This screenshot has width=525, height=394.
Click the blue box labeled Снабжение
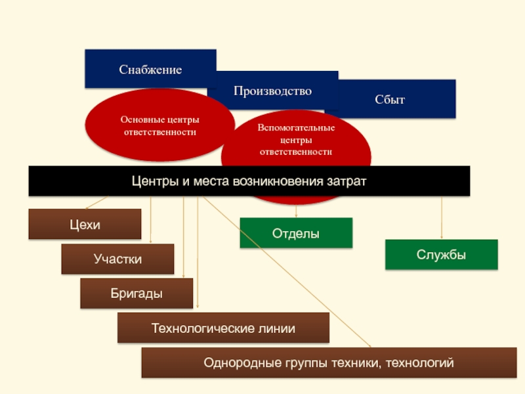tap(150, 69)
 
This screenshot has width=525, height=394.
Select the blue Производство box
tap(272, 91)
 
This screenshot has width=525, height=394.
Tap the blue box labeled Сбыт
tap(390, 99)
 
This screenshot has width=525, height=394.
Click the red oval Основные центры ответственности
tap(159, 125)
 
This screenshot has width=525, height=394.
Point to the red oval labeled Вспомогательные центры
tap(296, 141)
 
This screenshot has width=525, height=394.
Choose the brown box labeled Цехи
tap(85, 224)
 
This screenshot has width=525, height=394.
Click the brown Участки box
tap(117, 259)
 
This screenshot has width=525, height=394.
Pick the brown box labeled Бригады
tap(136, 293)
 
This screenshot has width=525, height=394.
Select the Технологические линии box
tap(223, 328)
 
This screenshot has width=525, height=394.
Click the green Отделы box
tap(296, 233)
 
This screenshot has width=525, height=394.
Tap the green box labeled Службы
tap(441, 255)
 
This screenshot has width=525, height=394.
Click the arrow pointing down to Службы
tap(442, 217)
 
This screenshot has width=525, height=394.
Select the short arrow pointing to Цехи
tap(96, 203)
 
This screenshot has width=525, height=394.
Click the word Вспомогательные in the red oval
tap(296, 127)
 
